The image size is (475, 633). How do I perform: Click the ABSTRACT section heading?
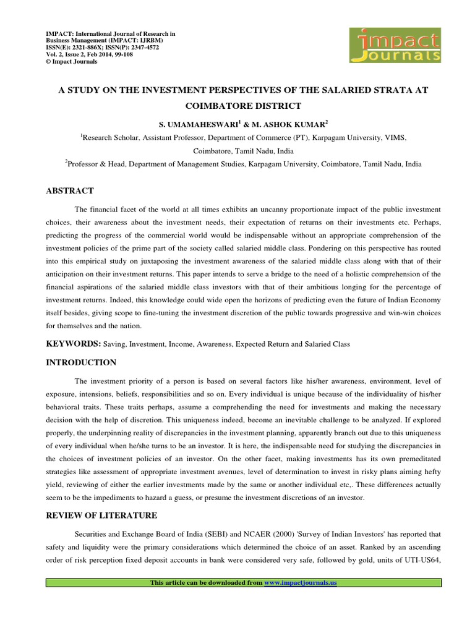[x=70, y=191]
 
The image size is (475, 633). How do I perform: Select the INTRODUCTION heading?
[x=81, y=362]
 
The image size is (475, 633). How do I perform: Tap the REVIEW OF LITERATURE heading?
[x=102, y=515]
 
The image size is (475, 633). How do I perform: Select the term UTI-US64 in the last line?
[x=421, y=561]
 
